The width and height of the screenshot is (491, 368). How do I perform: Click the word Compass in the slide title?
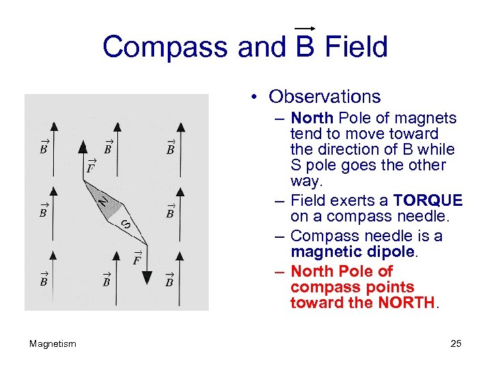pos(166,48)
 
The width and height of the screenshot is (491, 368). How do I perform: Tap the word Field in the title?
pos(356,47)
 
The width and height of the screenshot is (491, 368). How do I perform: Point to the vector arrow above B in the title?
pos(304,28)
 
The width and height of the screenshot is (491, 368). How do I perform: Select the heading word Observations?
pos(325,97)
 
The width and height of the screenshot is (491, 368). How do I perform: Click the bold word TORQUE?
pos(428,200)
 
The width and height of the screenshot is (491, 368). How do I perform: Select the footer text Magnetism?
pos(53,343)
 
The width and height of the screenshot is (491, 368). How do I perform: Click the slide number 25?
pos(456,343)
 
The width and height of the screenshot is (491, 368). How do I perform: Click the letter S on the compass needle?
pos(125,224)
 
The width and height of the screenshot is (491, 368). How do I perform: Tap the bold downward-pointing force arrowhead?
pos(147,277)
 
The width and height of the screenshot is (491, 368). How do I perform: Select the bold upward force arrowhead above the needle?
pos(83,146)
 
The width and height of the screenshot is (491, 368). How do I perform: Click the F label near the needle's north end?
pos(90,166)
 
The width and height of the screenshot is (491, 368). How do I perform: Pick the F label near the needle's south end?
pos(136,259)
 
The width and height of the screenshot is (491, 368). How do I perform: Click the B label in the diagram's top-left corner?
pos(43,148)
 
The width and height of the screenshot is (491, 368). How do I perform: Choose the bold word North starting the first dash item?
pos(312,118)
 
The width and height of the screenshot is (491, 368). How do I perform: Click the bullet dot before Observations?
pos(252,97)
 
